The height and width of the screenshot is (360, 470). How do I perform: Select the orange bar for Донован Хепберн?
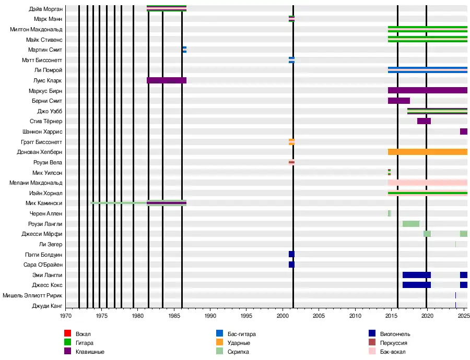click(x=427, y=152)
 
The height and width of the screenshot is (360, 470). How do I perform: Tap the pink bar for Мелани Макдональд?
click(x=427, y=183)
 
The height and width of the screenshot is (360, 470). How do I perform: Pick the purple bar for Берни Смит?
click(x=398, y=101)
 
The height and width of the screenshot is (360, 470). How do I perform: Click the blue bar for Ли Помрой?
click(x=427, y=70)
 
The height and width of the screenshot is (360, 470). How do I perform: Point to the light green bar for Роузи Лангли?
click(x=410, y=224)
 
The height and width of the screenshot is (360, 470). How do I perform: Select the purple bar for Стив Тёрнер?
click(x=424, y=121)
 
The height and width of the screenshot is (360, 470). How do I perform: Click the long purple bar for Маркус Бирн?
click(x=427, y=90)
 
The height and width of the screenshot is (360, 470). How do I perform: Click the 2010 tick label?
click(x=355, y=316)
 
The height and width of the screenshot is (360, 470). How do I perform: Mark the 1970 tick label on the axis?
click(x=65, y=316)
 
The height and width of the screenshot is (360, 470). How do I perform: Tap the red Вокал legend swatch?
click(x=67, y=334)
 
